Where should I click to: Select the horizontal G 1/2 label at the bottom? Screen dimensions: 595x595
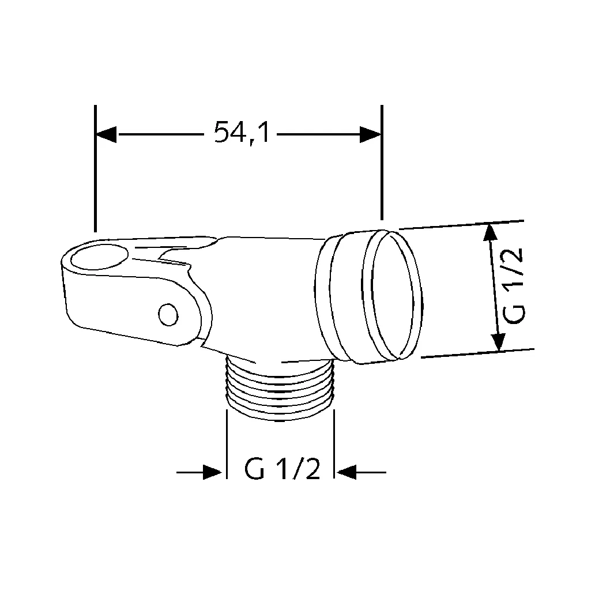(282, 470)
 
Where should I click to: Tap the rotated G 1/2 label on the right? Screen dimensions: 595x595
(511, 287)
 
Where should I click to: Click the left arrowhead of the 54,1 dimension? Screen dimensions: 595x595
(107, 134)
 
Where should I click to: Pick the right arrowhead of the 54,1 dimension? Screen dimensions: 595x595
(370, 134)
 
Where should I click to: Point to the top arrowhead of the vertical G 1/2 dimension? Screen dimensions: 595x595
(489, 233)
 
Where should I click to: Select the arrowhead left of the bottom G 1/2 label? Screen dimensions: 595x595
(213, 472)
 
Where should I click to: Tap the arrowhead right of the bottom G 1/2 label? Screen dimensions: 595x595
(347, 472)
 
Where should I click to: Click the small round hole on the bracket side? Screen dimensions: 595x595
(168, 315)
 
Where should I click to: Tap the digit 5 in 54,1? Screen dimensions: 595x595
(222, 133)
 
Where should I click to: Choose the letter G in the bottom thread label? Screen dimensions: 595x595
(255, 470)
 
